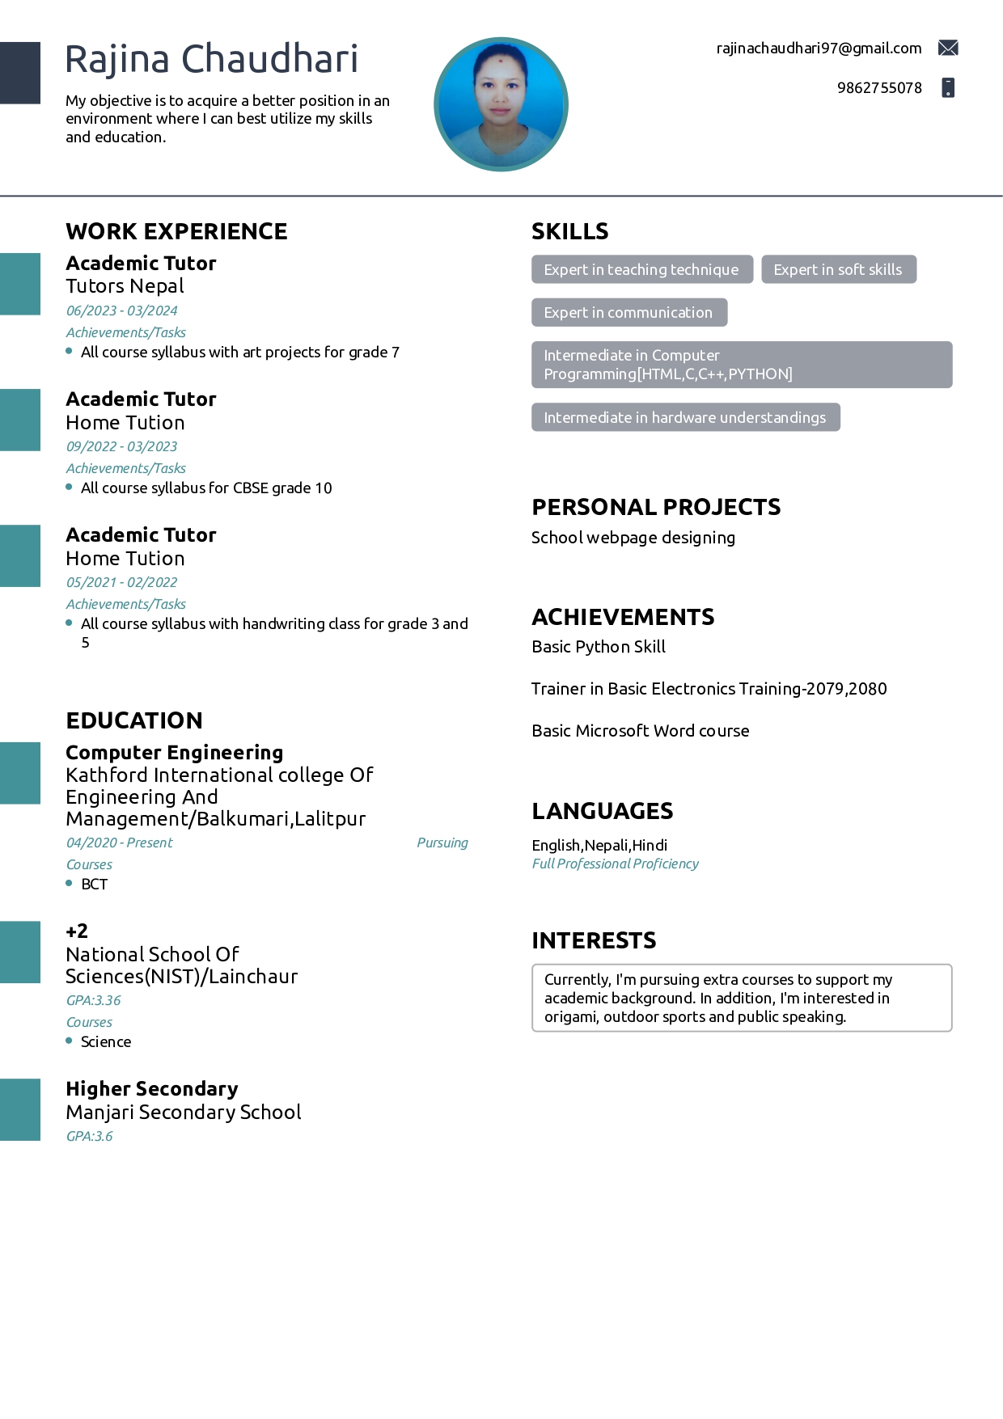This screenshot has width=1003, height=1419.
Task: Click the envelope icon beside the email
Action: (x=948, y=49)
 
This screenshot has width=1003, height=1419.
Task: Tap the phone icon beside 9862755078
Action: (x=948, y=87)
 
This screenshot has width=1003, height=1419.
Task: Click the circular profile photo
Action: (x=501, y=104)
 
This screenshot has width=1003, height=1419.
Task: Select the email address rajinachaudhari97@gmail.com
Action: (x=819, y=49)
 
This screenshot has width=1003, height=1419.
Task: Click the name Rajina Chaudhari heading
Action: (x=211, y=59)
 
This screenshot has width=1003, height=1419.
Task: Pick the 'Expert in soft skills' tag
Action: (x=838, y=270)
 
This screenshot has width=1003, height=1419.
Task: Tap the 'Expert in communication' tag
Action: (x=628, y=313)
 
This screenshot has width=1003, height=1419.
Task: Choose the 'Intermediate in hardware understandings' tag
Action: (x=685, y=418)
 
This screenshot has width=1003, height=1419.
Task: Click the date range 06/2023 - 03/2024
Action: (x=121, y=310)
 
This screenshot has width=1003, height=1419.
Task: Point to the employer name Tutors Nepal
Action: (x=125, y=286)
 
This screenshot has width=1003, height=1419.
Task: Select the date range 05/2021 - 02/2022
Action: (x=121, y=582)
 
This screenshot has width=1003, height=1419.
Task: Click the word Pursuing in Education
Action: (x=442, y=843)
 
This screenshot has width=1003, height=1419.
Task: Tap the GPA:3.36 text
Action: (x=93, y=1000)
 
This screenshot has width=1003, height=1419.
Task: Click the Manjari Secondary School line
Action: (x=184, y=1113)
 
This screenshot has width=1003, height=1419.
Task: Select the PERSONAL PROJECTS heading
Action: (x=656, y=508)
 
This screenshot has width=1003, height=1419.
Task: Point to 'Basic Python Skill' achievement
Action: (x=599, y=647)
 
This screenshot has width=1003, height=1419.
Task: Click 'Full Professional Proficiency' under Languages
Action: (x=615, y=864)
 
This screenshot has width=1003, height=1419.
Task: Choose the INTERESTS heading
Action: (x=594, y=940)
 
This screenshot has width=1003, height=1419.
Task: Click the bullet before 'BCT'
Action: (x=69, y=884)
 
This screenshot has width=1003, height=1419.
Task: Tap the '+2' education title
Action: (x=77, y=931)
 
